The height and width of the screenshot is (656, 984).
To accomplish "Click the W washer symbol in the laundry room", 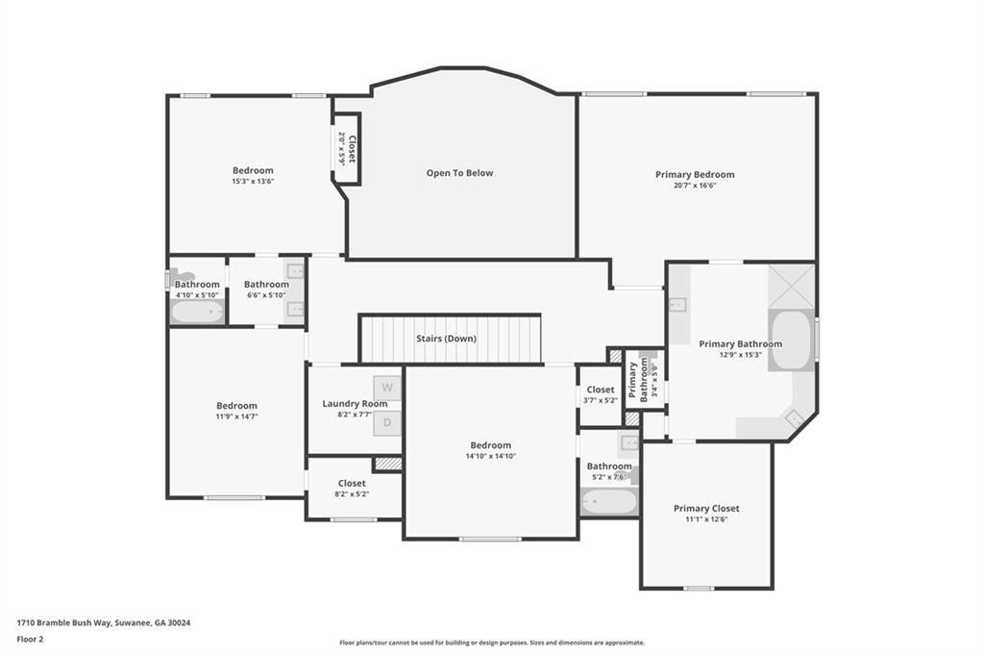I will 387,388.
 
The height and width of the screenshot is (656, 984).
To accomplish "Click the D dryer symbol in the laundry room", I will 387,422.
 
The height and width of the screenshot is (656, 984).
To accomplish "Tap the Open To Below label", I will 459,173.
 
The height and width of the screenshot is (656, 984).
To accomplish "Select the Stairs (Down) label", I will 446,339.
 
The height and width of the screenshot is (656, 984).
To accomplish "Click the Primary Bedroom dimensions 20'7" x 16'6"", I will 695,185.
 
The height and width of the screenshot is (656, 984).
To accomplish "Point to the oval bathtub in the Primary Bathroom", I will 791,340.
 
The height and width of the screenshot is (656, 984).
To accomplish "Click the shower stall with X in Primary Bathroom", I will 791,286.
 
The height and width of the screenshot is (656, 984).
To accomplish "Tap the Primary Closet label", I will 706,509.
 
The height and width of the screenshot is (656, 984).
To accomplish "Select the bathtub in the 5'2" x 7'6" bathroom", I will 609,502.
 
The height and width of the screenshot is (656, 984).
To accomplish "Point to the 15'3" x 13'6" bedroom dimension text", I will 253,181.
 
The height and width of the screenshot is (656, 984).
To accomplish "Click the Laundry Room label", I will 355,404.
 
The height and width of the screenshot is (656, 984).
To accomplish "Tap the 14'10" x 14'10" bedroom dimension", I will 490,456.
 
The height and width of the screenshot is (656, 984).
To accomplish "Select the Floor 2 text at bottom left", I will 30,639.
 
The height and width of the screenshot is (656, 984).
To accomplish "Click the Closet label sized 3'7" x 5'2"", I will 601,390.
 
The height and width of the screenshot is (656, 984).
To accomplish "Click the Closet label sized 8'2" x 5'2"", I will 352,484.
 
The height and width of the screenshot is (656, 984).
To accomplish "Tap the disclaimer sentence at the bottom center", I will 491,643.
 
